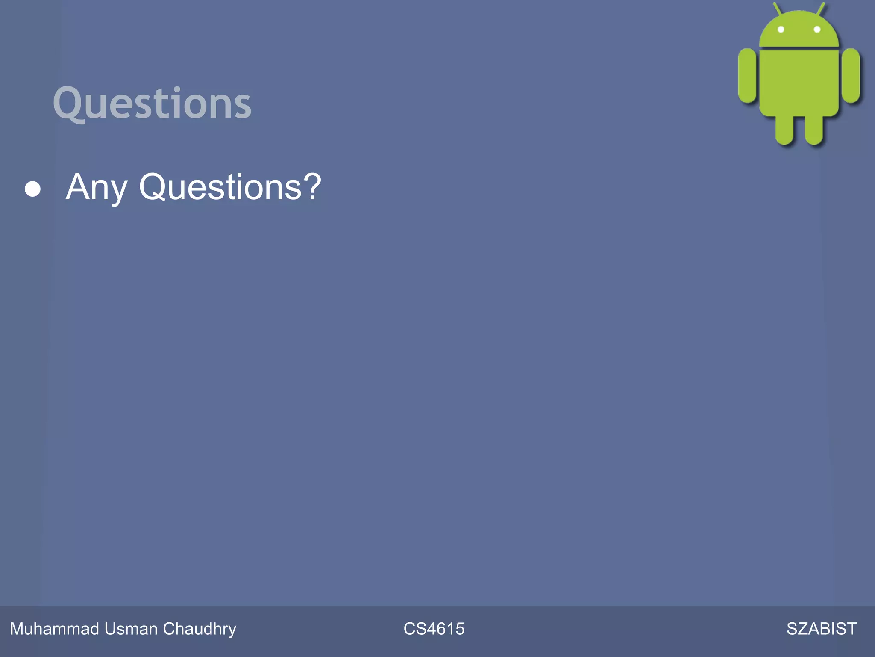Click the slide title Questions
pos(152,103)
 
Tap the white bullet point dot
pos(33,189)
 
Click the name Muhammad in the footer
pos(55,629)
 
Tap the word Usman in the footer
pos(131,629)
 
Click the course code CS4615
pos(434,629)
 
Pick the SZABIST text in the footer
pos(821,629)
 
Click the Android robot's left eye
pos(781,30)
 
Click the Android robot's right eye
pos(817,30)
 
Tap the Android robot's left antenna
pos(777,9)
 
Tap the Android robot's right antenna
pos(821,9)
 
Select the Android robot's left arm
pos(747,76)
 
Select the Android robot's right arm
pos(851,76)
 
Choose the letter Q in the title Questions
pos(70,103)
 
